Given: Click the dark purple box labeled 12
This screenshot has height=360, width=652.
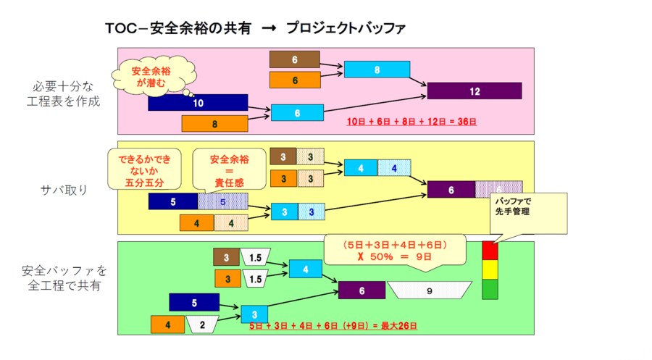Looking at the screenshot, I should pyautogui.click(x=474, y=91).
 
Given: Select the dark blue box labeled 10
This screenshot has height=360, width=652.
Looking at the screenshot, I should pyautogui.click(x=198, y=103).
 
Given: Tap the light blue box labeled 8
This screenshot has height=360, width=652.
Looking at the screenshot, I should pyautogui.click(x=377, y=70).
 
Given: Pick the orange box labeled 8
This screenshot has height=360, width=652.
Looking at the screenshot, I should pyautogui.click(x=214, y=124).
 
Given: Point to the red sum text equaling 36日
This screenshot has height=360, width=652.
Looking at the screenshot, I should pyautogui.click(x=411, y=122).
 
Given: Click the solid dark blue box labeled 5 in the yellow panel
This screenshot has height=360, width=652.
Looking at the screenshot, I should pyautogui.click(x=172, y=201).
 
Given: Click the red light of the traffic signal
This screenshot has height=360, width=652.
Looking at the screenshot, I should pyautogui.click(x=490, y=251).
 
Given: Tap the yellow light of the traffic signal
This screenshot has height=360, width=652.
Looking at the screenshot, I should pyautogui.click(x=490, y=269).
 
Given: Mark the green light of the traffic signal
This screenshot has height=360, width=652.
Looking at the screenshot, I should pyautogui.click(x=490, y=289).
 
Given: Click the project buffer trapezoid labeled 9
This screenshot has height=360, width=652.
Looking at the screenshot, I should pyautogui.click(x=429, y=290).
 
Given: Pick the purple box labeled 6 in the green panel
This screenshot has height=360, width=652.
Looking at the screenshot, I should pyautogui.click(x=361, y=290).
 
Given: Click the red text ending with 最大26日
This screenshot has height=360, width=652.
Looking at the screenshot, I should pyautogui.click(x=333, y=327).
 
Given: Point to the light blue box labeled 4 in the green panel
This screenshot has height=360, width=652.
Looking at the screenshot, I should pyautogui.click(x=306, y=269).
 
